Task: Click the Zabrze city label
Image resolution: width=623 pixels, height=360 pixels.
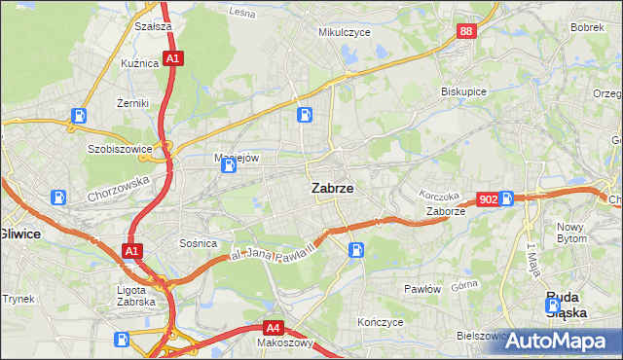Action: click(x=332, y=189)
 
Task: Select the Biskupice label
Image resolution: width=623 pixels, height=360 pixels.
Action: click(x=463, y=91)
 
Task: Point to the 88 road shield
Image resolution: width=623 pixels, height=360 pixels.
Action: click(x=466, y=32)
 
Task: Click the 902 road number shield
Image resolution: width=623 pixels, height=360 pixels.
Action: click(x=489, y=198)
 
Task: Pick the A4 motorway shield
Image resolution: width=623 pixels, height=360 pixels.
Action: click(x=275, y=328)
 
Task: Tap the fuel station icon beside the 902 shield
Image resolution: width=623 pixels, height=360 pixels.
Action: click(x=507, y=198)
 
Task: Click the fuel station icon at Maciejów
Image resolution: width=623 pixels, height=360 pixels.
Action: click(x=228, y=166)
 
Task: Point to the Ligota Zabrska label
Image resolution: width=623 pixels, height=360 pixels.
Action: click(x=135, y=295)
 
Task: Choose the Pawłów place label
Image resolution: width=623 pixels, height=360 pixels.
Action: click(x=422, y=289)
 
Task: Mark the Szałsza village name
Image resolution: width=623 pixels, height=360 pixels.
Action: click(x=154, y=27)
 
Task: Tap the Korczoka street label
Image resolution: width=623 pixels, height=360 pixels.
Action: click(x=438, y=196)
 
